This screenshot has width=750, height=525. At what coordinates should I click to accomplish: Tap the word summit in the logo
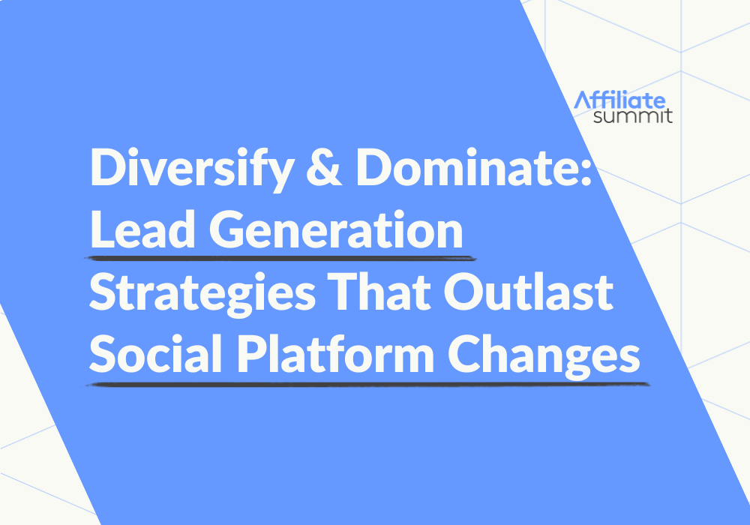coord(631,116)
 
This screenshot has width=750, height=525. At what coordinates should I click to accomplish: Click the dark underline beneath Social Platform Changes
coord(367,385)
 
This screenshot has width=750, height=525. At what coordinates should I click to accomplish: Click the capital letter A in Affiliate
coord(582,100)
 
